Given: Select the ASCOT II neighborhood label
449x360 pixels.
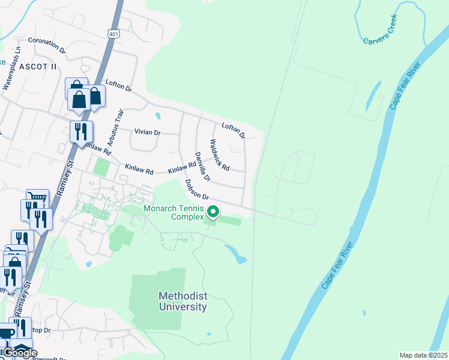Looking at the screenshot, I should click(x=38, y=67).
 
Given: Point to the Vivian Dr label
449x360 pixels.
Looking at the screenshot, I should click(x=148, y=132).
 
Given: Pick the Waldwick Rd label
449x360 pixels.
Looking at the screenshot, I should click(x=220, y=155).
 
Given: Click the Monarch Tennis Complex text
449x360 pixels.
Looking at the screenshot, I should click(x=173, y=212).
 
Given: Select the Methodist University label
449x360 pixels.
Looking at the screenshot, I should click(x=183, y=301).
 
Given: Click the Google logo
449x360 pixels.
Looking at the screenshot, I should click(x=20, y=353).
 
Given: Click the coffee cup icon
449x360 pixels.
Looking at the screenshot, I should click(x=6, y=334).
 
